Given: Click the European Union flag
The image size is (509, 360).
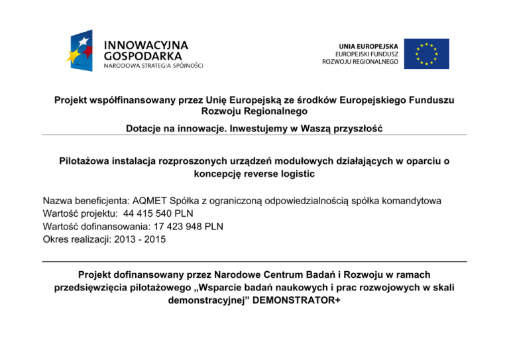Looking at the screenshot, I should point(427,54).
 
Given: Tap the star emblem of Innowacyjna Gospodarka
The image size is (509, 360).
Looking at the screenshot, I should point(82,52).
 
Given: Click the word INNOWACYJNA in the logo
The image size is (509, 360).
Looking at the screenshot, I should point(146,44).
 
